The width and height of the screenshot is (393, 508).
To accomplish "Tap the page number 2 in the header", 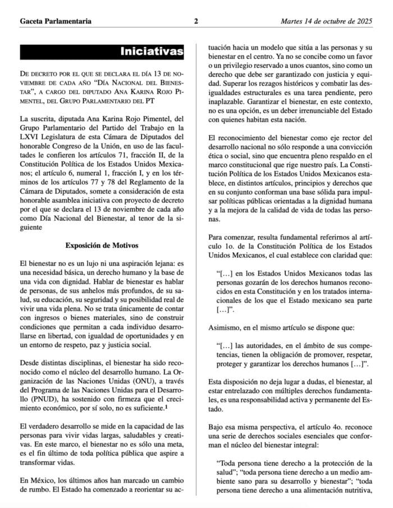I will (196, 22).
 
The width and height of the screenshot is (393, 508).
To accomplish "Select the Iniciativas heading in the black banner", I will (152, 52).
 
